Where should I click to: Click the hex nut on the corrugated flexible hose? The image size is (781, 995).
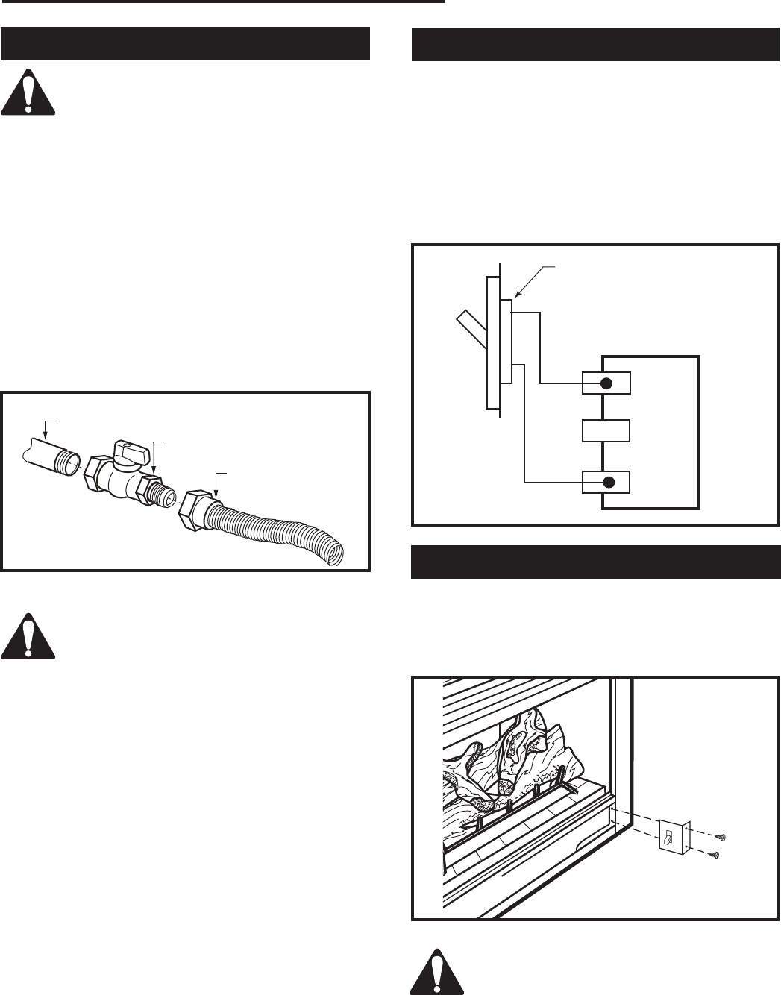click(x=195, y=510)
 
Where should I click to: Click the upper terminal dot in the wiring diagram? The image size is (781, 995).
click(x=606, y=383)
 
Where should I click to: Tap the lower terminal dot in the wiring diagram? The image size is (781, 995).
click(x=609, y=481)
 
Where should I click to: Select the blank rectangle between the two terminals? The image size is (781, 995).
click(x=605, y=431)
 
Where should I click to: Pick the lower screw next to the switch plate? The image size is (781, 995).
click(x=715, y=853)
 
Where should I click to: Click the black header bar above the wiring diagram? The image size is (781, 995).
click(x=596, y=44)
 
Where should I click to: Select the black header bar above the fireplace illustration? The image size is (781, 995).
click(x=596, y=562)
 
